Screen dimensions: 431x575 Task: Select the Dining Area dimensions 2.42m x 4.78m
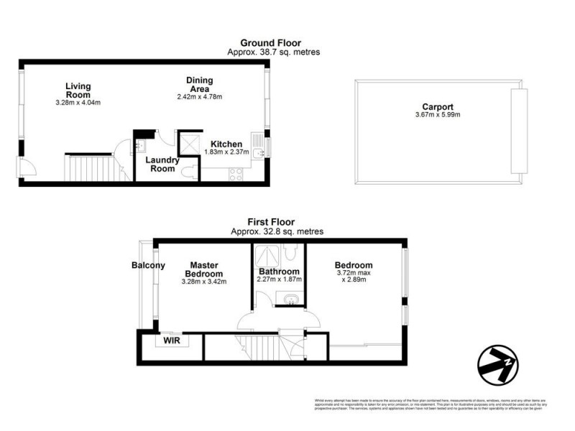coord(199,97)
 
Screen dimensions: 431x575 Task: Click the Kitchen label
coord(226,144)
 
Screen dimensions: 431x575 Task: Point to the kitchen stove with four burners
coord(235,173)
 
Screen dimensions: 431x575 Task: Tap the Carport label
coord(437,107)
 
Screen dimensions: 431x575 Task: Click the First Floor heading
coord(271,222)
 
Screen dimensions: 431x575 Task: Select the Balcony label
coord(148,265)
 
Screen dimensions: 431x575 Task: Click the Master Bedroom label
coord(204,269)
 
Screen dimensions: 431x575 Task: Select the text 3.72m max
coord(354,273)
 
